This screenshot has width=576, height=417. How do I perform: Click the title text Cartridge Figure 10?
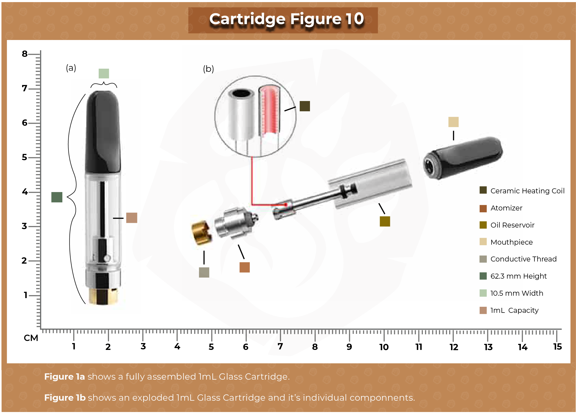(286, 19)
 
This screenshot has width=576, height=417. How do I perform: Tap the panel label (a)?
(71, 68)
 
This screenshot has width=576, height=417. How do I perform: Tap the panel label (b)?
(208, 69)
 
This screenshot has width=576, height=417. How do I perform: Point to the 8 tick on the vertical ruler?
(25, 54)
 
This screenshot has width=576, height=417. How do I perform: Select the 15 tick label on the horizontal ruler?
(557, 346)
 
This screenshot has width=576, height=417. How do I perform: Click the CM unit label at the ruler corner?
(31, 338)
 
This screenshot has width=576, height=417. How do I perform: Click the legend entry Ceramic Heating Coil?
(527, 191)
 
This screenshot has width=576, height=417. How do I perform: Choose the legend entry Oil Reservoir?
(512, 225)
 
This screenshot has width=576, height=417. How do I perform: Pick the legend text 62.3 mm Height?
(518, 276)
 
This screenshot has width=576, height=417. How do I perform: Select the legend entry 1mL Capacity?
(514, 310)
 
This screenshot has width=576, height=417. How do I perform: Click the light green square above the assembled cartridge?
(104, 73)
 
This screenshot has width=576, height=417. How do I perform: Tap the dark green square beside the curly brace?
(57, 197)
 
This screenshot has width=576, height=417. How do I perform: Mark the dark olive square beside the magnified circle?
(305, 106)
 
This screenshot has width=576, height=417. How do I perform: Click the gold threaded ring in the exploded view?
(201, 233)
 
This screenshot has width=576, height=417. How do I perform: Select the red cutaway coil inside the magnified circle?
(269, 110)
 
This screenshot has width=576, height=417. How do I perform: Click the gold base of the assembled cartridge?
(103, 297)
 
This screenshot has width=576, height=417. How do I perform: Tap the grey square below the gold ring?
(204, 272)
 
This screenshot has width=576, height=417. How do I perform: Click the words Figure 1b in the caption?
(65, 398)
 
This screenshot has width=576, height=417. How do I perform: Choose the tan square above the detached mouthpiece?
(453, 122)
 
